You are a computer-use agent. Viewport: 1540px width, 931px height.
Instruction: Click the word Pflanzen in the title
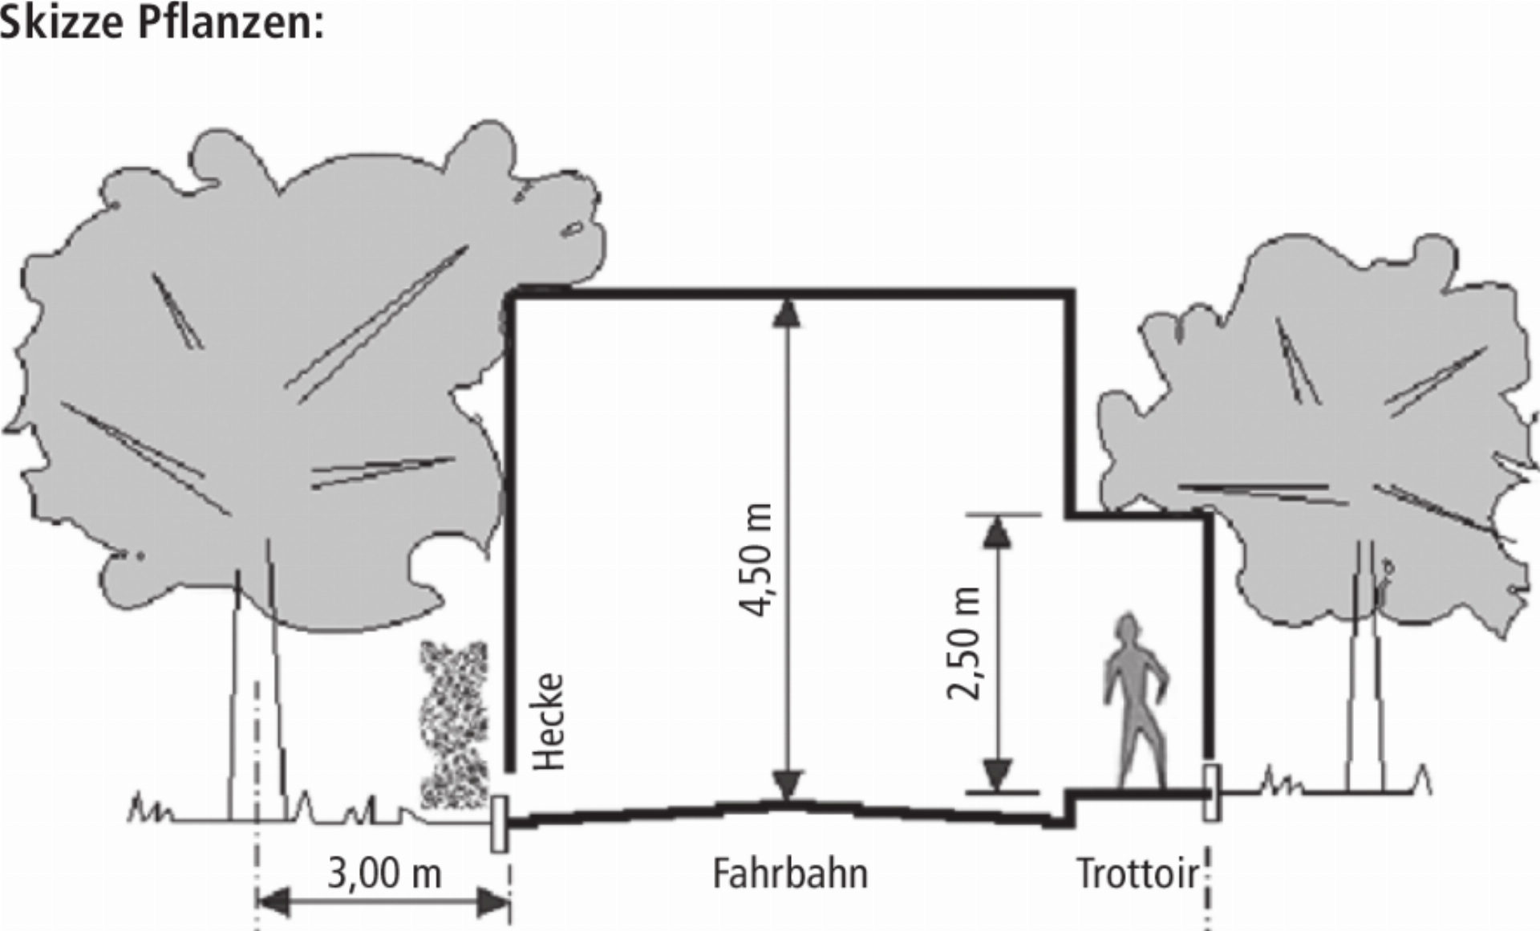click(x=230, y=22)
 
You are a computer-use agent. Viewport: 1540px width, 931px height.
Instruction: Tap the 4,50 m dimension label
click(x=756, y=559)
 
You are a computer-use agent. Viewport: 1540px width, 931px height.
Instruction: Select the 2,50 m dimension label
click(x=963, y=644)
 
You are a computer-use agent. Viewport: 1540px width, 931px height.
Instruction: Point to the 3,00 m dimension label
click(x=384, y=872)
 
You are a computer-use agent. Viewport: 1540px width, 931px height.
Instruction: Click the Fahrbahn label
click(x=790, y=873)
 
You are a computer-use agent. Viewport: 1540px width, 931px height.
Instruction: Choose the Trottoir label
click(x=1137, y=873)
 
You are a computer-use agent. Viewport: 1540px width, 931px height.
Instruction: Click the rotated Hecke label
click(x=549, y=722)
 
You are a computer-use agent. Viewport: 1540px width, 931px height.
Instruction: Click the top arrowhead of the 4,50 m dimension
click(x=787, y=312)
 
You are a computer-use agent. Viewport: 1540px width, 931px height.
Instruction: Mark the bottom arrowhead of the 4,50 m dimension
click(x=787, y=786)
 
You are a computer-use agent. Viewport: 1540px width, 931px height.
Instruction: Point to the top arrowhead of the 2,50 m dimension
click(x=997, y=531)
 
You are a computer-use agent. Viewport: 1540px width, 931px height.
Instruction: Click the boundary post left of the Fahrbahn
click(x=500, y=823)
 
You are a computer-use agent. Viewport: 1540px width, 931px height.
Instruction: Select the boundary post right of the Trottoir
click(x=1212, y=793)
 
